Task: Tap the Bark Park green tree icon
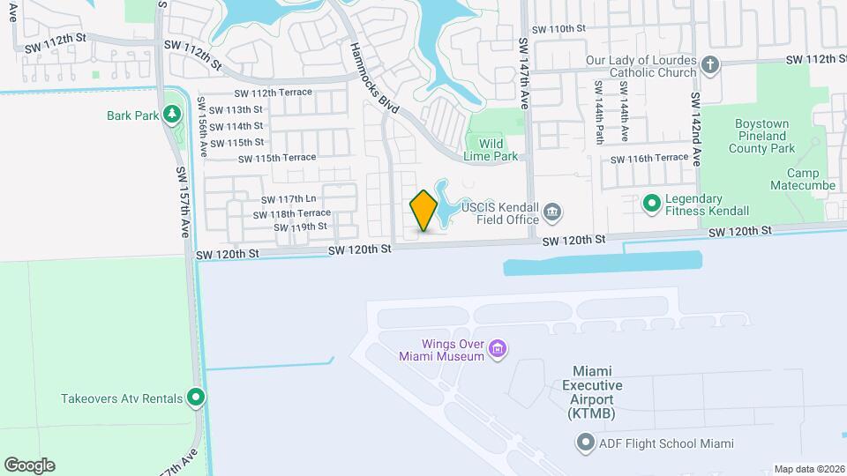(x=172, y=115)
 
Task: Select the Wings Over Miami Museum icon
(x=498, y=350)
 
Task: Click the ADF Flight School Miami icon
(x=586, y=444)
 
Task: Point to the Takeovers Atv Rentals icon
(x=197, y=398)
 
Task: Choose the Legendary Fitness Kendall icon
(x=652, y=205)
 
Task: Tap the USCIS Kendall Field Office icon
(x=552, y=212)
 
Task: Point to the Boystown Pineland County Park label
(x=761, y=137)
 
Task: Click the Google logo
(x=29, y=465)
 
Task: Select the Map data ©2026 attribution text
(x=808, y=469)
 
